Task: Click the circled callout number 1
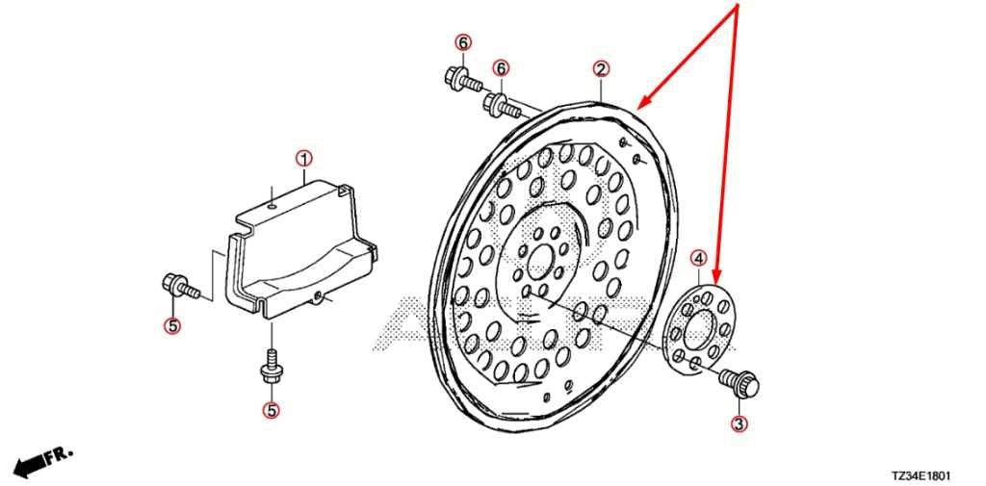[x=303, y=159]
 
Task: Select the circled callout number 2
[x=601, y=69]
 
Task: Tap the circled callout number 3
[x=739, y=423]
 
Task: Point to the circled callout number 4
[x=699, y=257]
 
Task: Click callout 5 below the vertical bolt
[x=271, y=411]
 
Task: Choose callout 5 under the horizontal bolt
[x=171, y=325]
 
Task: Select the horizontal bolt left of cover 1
[x=180, y=287]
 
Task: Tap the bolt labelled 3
[x=740, y=382]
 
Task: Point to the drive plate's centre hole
[x=540, y=263]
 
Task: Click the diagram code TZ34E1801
[x=920, y=476]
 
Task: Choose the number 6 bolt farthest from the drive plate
[x=463, y=79]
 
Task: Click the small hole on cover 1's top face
[x=271, y=205]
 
